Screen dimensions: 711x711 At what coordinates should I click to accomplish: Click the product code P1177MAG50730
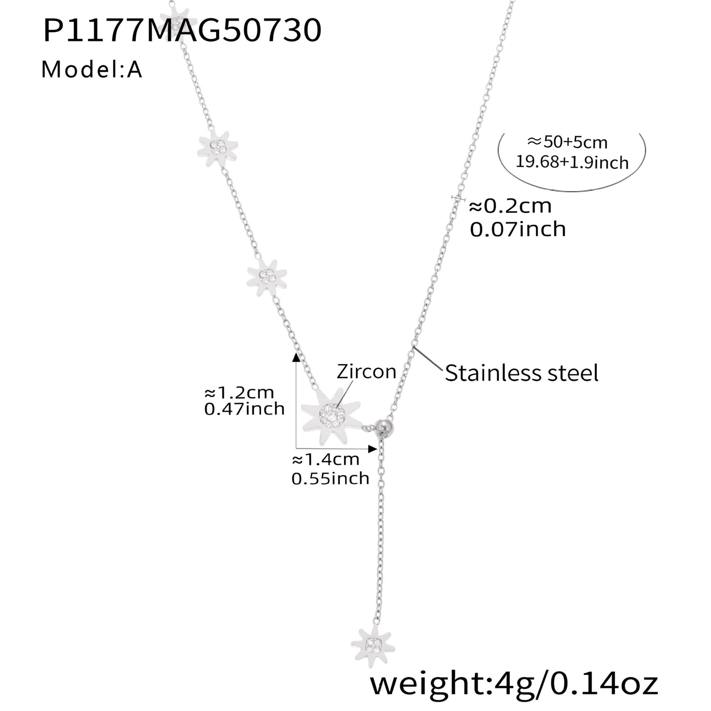point(183,30)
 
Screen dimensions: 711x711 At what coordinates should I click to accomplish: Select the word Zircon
point(367,371)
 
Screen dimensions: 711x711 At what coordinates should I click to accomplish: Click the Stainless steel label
point(522,373)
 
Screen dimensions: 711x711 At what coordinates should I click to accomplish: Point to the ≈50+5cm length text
point(567,142)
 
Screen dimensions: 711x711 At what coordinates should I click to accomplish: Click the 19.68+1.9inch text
point(572,162)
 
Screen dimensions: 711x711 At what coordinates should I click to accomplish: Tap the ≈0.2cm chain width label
point(510,206)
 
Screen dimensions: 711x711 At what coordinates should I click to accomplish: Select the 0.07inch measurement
point(518,229)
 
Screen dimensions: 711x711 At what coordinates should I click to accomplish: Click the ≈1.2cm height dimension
point(239,392)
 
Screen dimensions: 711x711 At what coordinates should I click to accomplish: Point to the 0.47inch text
point(244,409)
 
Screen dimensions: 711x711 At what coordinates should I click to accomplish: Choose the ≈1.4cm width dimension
point(325,460)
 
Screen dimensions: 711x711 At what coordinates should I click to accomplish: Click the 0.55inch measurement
point(331,478)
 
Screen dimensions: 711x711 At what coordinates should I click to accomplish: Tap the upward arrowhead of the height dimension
point(296,356)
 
